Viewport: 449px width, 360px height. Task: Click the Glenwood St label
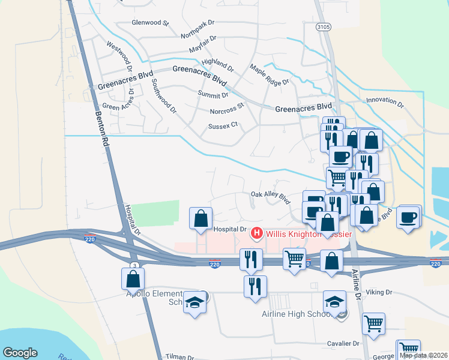coord(151,23)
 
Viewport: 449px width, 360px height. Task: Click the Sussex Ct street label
coord(223,126)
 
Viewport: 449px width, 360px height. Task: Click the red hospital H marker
coord(257,232)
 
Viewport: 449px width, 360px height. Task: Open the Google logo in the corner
coord(20,353)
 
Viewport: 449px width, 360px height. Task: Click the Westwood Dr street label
coord(119,53)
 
